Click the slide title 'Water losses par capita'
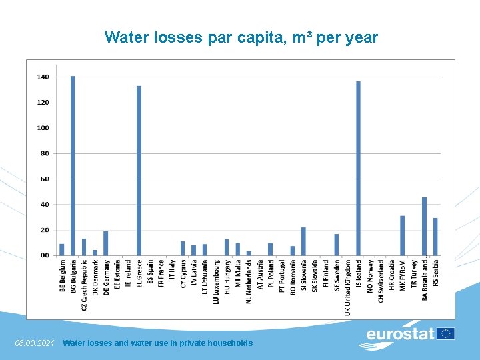click(241, 38)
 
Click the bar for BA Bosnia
click(424, 226)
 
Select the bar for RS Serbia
click(435, 237)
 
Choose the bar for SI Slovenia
click(303, 241)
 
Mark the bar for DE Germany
click(105, 243)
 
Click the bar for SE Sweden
click(336, 245)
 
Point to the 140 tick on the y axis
click(43, 77)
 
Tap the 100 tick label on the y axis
click(43, 128)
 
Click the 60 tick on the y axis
click(45, 179)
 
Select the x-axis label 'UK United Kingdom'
click(347, 287)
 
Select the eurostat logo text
click(400, 333)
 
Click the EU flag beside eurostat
click(445, 333)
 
